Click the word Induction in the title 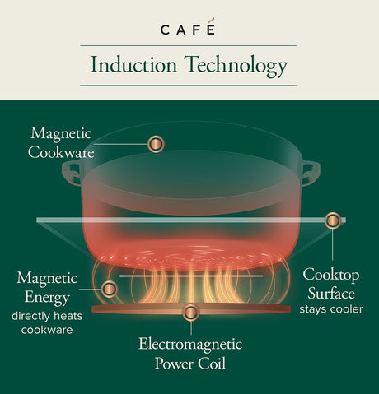133,65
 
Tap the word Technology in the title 236,67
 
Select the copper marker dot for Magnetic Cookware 156,144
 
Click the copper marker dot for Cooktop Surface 333,220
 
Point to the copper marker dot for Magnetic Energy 110,289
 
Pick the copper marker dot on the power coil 190,313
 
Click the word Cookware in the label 61,152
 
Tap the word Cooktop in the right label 331,276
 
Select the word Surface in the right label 331,294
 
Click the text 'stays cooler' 331,309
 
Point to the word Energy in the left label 47,298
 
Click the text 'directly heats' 47,316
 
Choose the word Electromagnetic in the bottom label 190,345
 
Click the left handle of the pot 72,174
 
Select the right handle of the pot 311,174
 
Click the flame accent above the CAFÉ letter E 211,21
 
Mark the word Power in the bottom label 174,364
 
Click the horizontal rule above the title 189,45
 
